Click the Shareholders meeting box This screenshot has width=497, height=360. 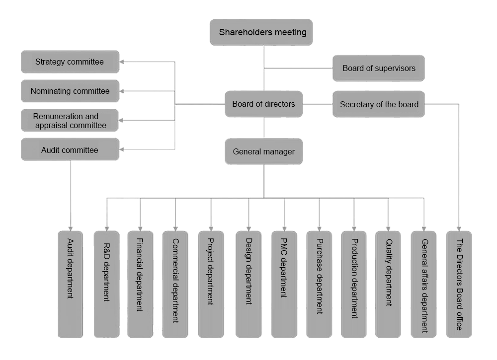pos(262,33)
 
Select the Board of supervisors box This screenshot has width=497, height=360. pos(379,68)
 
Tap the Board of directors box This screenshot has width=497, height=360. pos(263,104)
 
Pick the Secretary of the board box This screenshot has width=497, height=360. pos(379,104)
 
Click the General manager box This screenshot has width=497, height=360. pos(263,152)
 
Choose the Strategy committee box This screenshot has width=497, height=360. pos(70,62)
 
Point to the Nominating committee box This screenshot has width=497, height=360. pos(70,91)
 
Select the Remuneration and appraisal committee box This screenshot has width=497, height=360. pos(70,121)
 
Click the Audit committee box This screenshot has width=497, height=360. pos(70,150)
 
